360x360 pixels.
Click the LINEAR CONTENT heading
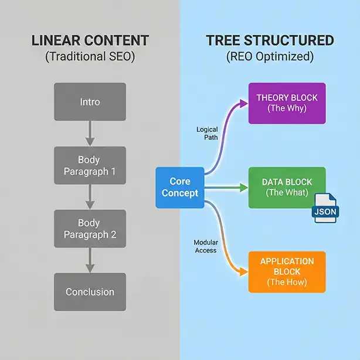90,41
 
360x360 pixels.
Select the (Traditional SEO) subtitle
90,58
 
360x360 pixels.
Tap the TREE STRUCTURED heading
270,41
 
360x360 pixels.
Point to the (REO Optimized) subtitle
270,58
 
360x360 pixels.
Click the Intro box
90,102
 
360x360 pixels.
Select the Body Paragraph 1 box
90,165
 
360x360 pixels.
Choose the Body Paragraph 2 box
90,229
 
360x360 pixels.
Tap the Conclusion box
90,291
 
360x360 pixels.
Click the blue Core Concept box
180,187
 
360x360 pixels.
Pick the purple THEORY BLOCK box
287,103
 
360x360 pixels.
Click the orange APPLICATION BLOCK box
287,271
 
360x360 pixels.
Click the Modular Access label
205,246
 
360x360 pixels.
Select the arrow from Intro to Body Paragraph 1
90,134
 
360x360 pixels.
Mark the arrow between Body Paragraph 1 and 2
90,197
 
